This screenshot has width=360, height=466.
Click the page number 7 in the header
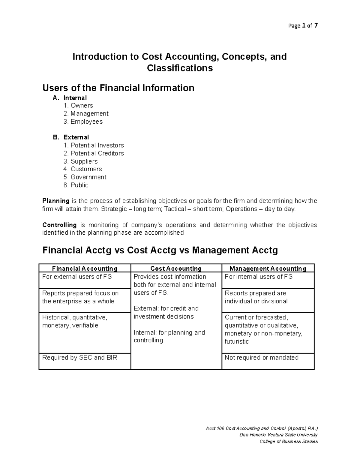tap(316, 26)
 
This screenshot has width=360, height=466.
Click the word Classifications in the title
tap(180, 68)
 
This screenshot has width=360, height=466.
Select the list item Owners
tap(82, 106)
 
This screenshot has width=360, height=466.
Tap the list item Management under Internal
tap(89, 114)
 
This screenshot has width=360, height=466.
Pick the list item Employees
tap(86, 122)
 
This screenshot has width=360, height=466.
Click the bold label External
tap(76, 137)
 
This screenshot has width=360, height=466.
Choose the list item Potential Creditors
tap(97, 153)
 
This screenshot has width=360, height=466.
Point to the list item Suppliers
tap(84, 161)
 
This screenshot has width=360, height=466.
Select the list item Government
tap(88, 177)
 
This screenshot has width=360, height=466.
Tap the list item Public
tap(79, 185)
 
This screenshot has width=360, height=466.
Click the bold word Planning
tap(56, 201)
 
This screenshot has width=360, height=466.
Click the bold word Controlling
tap(59, 225)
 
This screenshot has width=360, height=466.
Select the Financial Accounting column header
tap(85, 269)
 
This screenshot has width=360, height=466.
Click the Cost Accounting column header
tap(176, 269)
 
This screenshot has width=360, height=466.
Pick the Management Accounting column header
tap(268, 269)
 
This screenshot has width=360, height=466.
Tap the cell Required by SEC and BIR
tap(80, 358)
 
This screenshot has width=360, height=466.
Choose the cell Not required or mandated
tap(262, 358)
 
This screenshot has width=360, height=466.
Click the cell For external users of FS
tap(77, 277)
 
